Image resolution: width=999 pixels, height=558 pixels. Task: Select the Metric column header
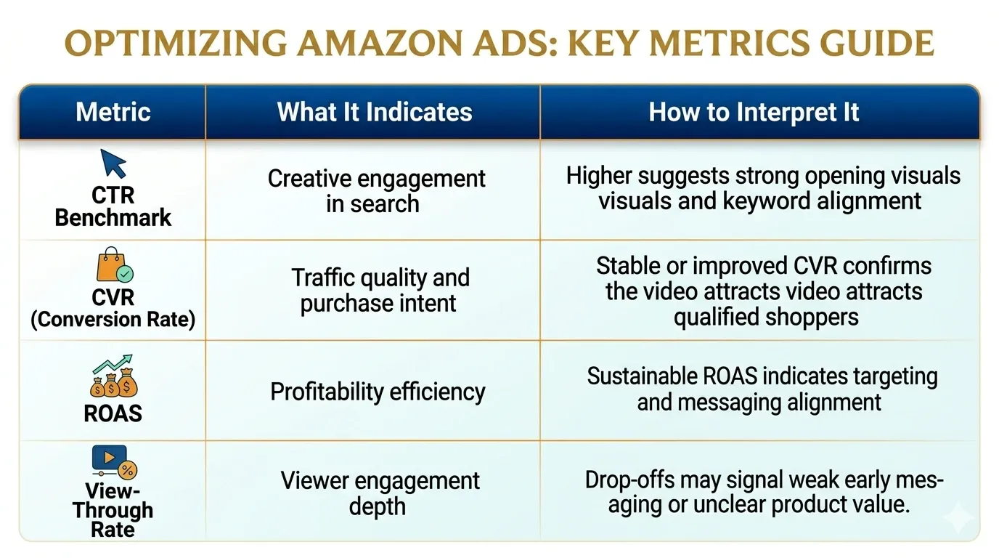click(x=113, y=112)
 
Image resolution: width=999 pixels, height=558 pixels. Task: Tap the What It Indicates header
click(x=374, y=112)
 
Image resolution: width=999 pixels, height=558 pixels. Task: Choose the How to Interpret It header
click(x=754, y=112)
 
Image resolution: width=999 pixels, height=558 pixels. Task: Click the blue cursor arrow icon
click(x=113, y=163)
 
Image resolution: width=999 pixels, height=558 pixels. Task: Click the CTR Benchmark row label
click(x=113, y=207)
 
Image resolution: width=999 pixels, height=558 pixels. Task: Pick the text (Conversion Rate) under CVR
click(x=113, y=320)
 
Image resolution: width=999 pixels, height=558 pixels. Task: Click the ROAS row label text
click(x=113, y=413)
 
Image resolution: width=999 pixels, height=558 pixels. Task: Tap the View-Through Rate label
click(x=113, y=509)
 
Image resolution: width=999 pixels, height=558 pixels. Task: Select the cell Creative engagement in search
click(x=376, y=190)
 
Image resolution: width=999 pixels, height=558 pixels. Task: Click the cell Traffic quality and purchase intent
click(x=379, y=290)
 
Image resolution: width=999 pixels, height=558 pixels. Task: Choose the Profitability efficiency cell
click(x=378, y=392)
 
